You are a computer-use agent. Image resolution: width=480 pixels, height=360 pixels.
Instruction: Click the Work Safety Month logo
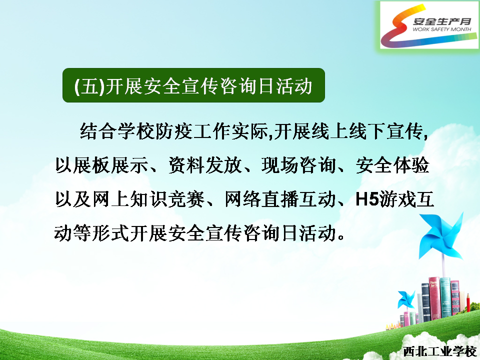[x=429, y=25]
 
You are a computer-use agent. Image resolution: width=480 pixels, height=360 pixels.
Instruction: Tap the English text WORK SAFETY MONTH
[x=441, y=29]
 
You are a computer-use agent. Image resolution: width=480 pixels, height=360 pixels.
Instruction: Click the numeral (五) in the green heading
[x=89, y=86]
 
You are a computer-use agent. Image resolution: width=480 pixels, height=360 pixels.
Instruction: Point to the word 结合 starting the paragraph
[x=98, y=131]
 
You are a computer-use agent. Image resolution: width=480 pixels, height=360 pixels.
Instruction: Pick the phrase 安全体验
[x=393, y=165]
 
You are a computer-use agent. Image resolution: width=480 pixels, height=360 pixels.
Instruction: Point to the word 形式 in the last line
[x=110, y=233]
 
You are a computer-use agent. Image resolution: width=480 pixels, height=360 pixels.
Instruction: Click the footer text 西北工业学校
[x=439, y=351]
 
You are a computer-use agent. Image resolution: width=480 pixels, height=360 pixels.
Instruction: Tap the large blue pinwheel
[x=441, y=236]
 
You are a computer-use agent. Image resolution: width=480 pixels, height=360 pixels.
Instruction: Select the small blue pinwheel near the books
[x=406, y=299]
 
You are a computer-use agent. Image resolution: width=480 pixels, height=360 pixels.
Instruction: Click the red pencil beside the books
[x=468, y=303]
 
